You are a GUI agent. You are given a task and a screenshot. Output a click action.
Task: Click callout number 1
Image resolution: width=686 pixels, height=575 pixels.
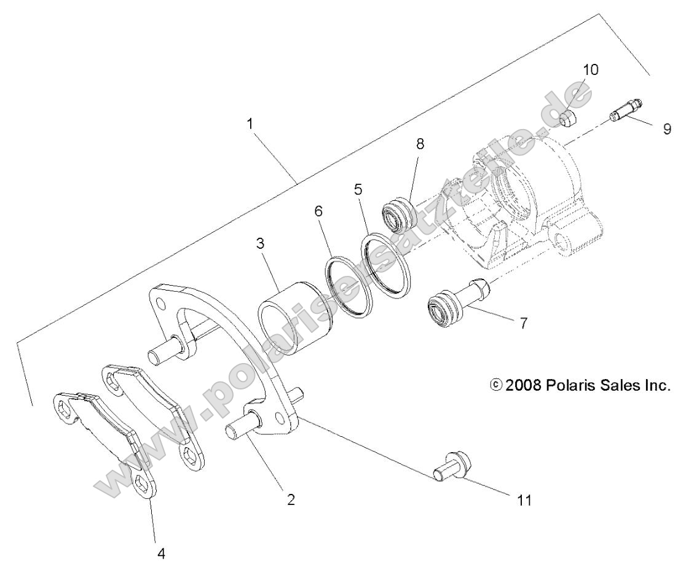(x=250, y=123)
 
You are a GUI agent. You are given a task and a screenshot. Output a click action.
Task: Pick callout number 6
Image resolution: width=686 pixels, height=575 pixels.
(x=318, y=211)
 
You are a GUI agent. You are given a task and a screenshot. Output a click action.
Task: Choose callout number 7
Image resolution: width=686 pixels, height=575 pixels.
(x=523, y=323)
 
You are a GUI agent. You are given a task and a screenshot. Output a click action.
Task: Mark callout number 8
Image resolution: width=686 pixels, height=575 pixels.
(x=420, y=144)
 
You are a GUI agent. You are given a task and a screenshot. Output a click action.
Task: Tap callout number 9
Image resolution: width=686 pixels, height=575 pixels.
(x=667, y=130)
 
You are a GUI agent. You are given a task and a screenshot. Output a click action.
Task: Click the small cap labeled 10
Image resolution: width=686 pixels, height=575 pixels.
(x=569, y=117)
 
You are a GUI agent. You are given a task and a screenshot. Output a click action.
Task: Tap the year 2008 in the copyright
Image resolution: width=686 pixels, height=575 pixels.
(x=519, y=386)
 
